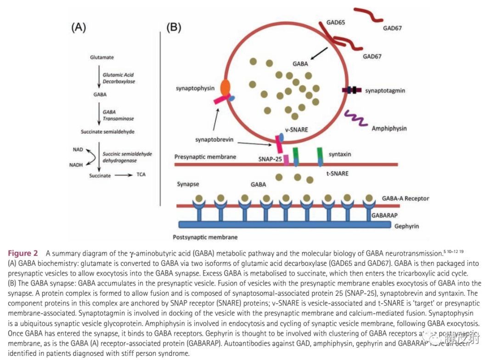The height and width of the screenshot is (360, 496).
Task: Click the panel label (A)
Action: (78, 27)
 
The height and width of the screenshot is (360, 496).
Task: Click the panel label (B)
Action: (174, 27)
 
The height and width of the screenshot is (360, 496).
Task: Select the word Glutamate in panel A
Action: (102, 57)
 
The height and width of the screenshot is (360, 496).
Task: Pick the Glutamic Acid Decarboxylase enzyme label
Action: (118, 78)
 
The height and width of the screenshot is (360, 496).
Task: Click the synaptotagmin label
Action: (385, 91)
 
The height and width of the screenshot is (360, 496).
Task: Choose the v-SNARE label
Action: (296, 130)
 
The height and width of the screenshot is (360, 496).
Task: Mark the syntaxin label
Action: (340, 154)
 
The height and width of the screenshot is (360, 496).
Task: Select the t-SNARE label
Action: (338, 173)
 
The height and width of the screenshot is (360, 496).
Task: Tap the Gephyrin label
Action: (407, 226)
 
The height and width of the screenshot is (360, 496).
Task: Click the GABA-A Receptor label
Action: (406, 198)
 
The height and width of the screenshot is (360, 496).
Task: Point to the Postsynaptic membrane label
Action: (205, 237)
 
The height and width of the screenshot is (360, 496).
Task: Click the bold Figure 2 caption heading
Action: (23, 253)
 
